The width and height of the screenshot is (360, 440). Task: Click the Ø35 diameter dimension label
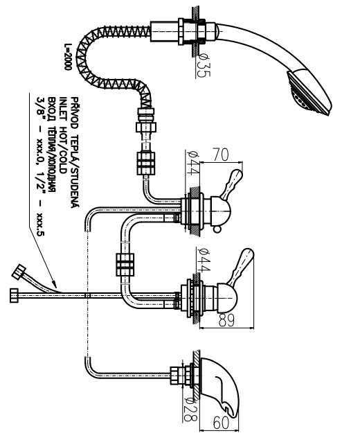pos(204,65)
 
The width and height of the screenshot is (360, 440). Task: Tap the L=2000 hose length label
pos(68,56)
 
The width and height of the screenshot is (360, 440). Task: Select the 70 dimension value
pos(221,155)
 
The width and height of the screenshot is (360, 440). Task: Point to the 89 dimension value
pos(226,320)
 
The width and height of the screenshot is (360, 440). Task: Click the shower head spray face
pos(307,96)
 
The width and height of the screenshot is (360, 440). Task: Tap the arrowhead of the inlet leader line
pos(54,284)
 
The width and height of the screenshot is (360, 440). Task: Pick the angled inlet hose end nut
pos(19,272)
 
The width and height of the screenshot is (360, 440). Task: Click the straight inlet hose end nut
pos(15,295)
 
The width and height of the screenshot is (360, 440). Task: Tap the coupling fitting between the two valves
pos(125,264)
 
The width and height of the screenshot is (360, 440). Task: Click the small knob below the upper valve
pos(217,230)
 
